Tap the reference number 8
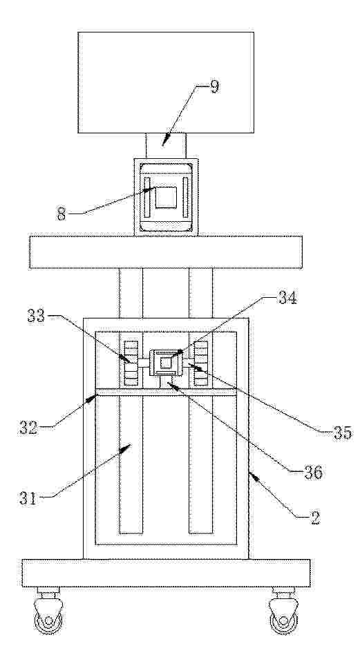point(61,214)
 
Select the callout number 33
point(37,316)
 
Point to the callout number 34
point(287,298)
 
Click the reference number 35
point(342,433)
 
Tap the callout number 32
point(28,428)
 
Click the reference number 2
point(315,518)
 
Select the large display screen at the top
point(166,83)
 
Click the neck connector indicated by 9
point(166,146)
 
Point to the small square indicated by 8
point(166,198)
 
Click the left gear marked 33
point(131,363)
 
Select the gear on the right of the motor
point(201,363)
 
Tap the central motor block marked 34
point(166,363)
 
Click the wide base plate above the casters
point(166,573)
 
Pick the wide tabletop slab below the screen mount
point(166,252)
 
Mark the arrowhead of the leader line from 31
point(130,444)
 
